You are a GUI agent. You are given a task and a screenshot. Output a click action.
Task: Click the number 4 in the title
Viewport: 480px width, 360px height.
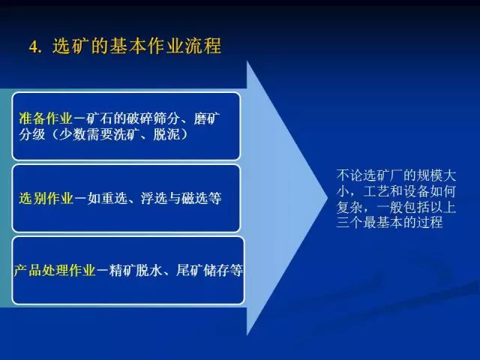tap(33, 46)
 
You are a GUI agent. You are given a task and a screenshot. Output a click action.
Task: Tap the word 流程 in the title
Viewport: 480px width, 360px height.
tap(202, 46)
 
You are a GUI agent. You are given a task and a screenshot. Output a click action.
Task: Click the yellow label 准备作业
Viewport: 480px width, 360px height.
tap(46, 118)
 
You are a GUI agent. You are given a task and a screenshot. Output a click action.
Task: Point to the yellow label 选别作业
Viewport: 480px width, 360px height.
tap(46, 198)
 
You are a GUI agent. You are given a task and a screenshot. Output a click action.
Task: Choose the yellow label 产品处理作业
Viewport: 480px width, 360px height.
tap(55, 270)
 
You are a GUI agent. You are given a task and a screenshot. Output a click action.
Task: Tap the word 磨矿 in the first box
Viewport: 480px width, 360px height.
tap(207, 118)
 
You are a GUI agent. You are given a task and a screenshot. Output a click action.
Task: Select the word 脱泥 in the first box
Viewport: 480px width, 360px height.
tap(166, 134)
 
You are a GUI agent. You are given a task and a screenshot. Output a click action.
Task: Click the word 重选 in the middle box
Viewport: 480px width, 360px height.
tap(113, 198)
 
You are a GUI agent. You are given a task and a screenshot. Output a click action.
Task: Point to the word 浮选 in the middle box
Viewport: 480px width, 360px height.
tap(154, 198)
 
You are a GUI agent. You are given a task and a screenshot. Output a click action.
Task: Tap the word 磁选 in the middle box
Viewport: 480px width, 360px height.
tap(194, 198)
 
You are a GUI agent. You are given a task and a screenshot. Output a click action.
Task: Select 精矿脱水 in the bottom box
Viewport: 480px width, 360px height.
tap(136, 270)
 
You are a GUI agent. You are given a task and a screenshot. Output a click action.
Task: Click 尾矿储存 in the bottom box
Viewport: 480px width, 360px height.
tap(202, 270)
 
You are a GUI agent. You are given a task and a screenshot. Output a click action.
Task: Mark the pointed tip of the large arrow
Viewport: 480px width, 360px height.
tap(328, 198)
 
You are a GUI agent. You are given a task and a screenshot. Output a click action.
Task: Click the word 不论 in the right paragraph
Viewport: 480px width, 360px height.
tap(349, 175)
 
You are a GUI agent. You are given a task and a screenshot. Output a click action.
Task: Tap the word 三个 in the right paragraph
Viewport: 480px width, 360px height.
tap(349, 222)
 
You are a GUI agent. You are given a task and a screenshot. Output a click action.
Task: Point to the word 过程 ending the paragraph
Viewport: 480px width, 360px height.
tap(430, 222)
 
